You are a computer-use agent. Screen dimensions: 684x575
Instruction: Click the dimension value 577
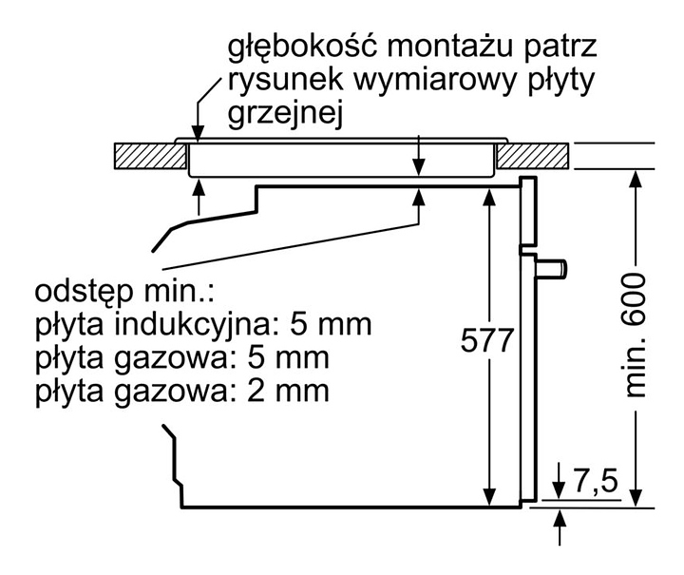click(487, 341)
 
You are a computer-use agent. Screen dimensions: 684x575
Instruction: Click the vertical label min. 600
click(636, 335)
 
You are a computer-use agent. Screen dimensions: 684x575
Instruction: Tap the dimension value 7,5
click(596, 482)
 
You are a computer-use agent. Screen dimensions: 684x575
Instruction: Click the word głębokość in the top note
click(301, 48)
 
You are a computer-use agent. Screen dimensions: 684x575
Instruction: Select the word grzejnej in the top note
click(286, 113)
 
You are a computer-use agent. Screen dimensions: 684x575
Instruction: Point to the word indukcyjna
click(197, 325)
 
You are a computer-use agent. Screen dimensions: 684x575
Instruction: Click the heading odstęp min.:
click(124, 292)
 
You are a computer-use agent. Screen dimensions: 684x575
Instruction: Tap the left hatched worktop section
click(150, 156)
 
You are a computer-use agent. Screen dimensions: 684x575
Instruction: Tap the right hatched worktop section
click(533, 156)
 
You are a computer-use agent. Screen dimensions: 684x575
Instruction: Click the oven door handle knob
click(552, 268)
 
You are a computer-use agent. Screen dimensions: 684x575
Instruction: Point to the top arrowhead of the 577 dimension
click(490, 197)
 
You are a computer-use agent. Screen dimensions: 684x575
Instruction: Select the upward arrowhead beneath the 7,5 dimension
click(560, 517)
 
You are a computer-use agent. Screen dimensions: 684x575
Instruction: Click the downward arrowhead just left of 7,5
click(560, 490)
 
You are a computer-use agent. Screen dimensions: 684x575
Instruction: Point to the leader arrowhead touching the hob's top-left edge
click(198, 132)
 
